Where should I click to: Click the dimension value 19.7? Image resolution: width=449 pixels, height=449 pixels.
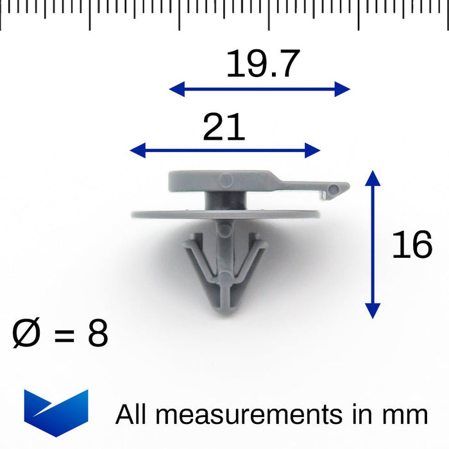pos(262,64)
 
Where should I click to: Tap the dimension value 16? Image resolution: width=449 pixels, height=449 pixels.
pos(412,246)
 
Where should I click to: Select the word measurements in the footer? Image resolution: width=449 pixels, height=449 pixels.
pos(249,415)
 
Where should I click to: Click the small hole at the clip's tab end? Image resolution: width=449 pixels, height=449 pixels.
pos(332,189)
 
